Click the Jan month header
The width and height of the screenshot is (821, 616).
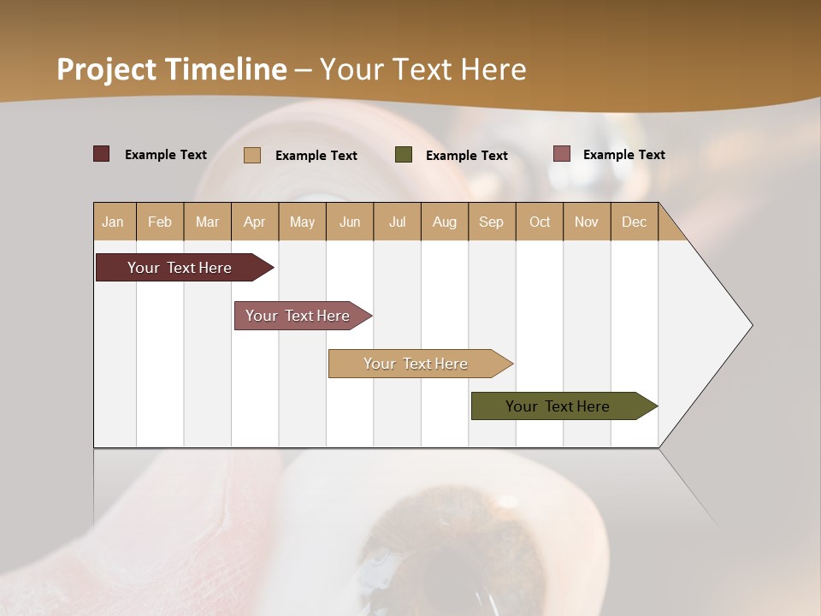(x=114, y=222)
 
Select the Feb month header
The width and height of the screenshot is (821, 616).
(x=160, y=222)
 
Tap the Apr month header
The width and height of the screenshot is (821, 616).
(x=255, y=222)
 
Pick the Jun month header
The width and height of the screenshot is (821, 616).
(x=350, y=222)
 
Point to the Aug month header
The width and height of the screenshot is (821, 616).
(x=445, y=222)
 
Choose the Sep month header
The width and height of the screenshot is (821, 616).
(x=492, y=222)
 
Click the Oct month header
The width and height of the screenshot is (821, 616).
(x=540, y=222)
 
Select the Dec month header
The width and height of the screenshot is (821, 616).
(x=635, y=222)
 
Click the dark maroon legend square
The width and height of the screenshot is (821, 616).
(x=102, y=154)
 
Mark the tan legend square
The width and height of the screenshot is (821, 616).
(x=252, y=155)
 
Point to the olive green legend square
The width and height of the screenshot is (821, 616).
(x=404, y=155)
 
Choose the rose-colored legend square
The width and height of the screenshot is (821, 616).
(x=562, y=154)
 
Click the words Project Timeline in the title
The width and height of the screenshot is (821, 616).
(x=172, y=69)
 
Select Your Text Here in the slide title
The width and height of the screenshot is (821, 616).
(x=422, y=69)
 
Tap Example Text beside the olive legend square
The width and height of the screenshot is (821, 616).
(x=467, y=155)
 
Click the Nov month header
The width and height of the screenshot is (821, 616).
(x=587, y=222)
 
